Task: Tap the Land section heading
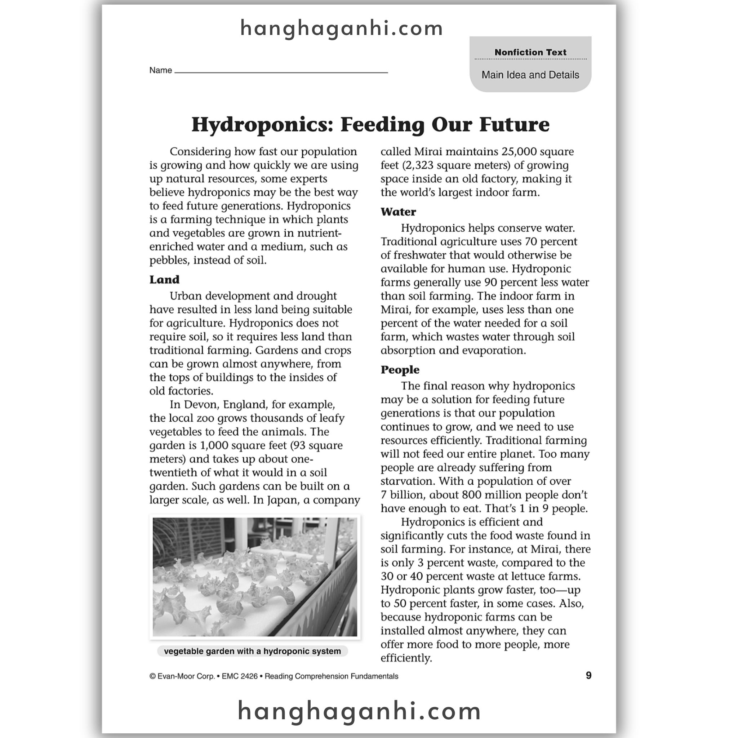(164, 280)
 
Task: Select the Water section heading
(398, 212)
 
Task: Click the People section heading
(400, 370)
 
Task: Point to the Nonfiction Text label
(530, 52)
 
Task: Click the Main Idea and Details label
(530, 75)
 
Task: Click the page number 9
(588, 675)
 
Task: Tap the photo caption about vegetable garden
(253, 651)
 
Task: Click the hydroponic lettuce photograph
(255, 577)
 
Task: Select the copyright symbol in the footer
(152, 676)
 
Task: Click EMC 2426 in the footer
(240, 676)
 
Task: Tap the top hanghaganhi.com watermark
(342, 29)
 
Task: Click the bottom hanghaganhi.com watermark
(359, 711)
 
